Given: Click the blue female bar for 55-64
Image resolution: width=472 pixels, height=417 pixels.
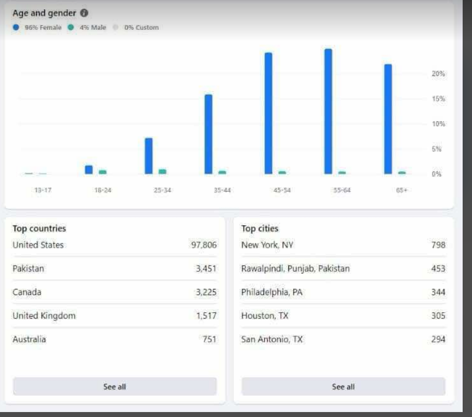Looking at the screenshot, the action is (x=328, y=111).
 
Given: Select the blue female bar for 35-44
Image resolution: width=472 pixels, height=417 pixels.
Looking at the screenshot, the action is (x=208, y=134).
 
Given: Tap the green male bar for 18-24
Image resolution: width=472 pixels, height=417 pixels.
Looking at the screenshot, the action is (x=103, y=172).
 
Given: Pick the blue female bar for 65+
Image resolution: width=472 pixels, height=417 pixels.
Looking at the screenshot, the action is (x=388, y=119).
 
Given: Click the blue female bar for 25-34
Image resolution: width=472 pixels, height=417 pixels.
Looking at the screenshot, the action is (x=149, y=156).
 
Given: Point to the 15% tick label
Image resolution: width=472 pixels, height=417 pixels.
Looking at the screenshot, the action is (x=438, y=99).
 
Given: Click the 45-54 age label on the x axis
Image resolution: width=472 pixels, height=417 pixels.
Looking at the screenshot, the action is (x=282, y=190).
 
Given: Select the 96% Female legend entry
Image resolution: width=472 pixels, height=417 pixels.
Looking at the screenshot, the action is (x=37, y=28).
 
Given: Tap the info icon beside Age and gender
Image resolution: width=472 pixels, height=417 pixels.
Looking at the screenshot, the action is (x=84, y=13).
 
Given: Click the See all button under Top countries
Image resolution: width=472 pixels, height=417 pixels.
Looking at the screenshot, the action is (x=114, y=387).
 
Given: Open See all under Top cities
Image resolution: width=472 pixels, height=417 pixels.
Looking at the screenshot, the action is (x=343, y=387).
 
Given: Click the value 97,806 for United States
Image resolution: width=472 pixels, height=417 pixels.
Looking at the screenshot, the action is (x=204, y=245).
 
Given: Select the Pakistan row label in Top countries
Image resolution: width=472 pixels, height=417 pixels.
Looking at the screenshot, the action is (x=28, y=268).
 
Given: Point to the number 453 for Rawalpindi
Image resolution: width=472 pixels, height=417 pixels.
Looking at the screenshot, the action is (x=438, y=268).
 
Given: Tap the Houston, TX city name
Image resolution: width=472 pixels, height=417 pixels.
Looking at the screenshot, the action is (x=265, y=316).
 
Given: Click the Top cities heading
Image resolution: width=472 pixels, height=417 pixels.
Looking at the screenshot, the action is (x=260, y=229).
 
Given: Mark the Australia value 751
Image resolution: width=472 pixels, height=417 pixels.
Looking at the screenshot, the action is (x=210, y=339).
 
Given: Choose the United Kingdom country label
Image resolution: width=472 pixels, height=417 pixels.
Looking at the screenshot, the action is (x=44, y=316).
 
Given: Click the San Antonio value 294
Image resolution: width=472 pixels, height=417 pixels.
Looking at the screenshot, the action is (x=438, y=339).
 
